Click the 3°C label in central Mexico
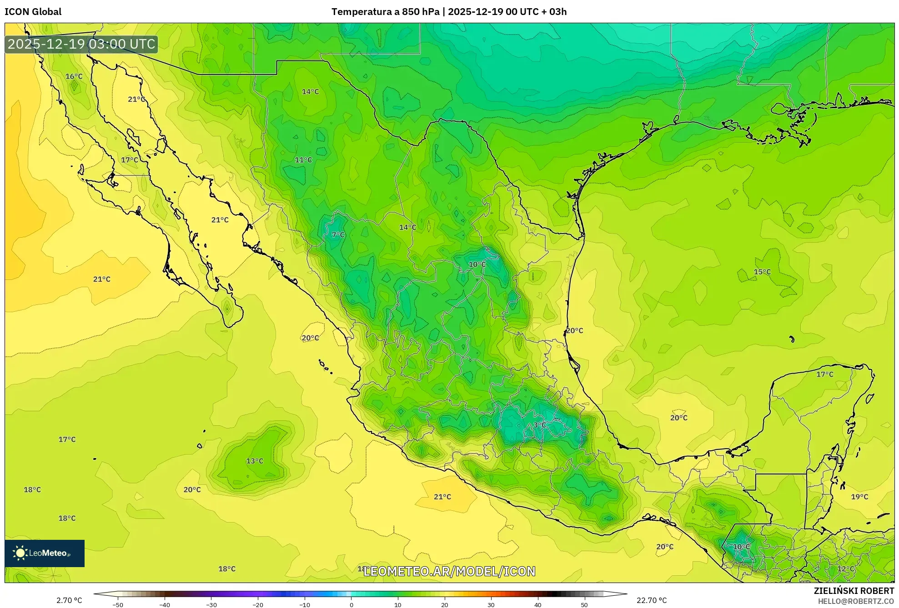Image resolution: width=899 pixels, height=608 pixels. (x=539, y=425)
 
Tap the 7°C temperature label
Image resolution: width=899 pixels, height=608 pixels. (x=338, y=235)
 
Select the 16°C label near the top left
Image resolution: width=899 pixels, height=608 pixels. (x=74, y=76)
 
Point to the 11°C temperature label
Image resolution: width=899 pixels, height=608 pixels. (x=303, y=160)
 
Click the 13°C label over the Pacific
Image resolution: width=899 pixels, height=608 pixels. (x=255, y=461)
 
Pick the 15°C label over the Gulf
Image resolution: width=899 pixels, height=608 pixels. (x=762, y=272)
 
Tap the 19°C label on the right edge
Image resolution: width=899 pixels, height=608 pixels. (x=859, y=497)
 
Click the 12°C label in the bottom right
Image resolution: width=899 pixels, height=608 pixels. (x=845, y=568)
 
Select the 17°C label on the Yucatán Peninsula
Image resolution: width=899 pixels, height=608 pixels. (x=824, y=374)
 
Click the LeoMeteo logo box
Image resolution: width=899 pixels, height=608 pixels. (x=45, y=553)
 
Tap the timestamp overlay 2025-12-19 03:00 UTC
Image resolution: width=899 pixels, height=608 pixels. (x=81, y=44)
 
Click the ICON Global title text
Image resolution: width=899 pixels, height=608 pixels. (x=33, y=12)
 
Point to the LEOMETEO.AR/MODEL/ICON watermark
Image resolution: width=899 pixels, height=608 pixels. (x=449, y=571)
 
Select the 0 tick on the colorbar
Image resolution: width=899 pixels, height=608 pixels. (x=351, y=604)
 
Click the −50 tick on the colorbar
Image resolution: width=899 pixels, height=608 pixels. (x=117, y=604)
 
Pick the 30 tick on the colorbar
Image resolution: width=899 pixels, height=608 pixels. (x=491, y=604)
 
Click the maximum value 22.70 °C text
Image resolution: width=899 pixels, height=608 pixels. (x=651, y=600)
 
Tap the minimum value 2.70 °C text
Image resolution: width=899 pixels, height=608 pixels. (x=69, y=600)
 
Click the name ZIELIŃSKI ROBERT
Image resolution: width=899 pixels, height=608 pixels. (x=854, y=591)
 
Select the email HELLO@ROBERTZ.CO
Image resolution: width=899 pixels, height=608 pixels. (x=856, y=601)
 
